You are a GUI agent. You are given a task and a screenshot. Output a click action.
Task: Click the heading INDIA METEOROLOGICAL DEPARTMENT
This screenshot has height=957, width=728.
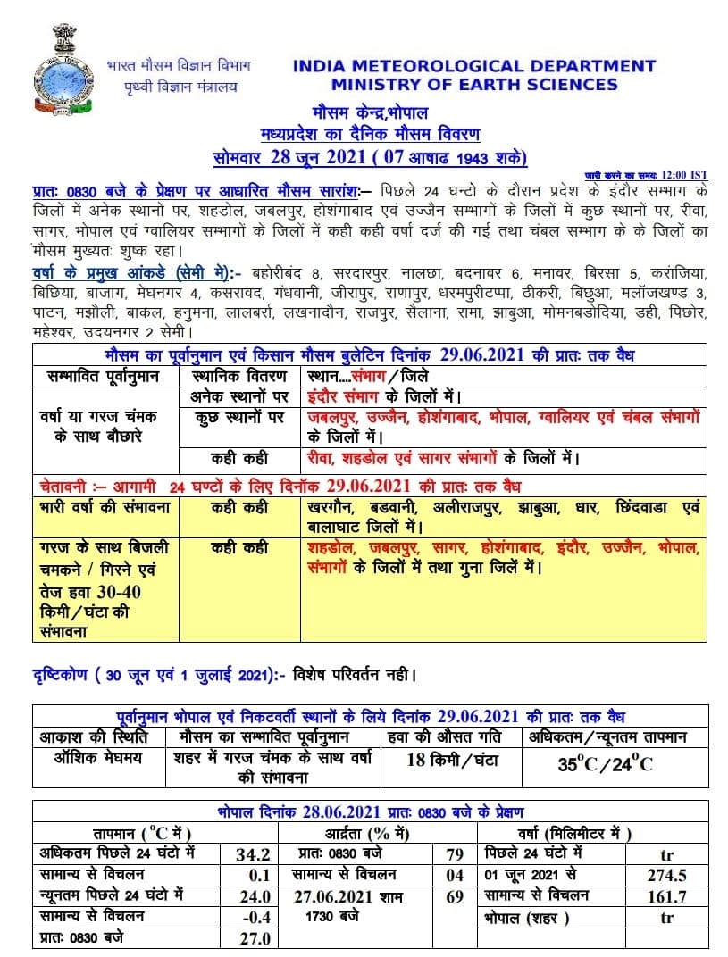click(473, 66)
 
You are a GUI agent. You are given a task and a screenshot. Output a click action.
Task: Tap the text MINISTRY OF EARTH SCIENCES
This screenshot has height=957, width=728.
click(473, 85)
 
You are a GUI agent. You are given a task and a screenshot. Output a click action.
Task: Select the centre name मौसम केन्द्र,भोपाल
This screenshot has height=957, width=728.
click(370, 114)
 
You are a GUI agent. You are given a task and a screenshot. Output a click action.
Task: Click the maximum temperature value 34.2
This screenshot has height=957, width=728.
click(254, 854)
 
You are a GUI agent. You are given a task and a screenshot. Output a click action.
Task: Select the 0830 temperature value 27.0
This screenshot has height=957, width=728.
click(254, 938)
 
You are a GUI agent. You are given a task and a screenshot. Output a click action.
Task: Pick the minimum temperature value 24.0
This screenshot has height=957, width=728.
click(254, 897)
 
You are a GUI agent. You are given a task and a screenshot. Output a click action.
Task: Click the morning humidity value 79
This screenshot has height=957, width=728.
click(454, 854)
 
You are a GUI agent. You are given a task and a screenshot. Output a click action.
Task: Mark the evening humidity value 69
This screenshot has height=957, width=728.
click(454, 896)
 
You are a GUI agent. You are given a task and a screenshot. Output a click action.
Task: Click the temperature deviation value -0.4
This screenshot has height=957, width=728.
click(254, 918)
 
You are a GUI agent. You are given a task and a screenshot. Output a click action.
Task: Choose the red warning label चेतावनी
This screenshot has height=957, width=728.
click(71, 487)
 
